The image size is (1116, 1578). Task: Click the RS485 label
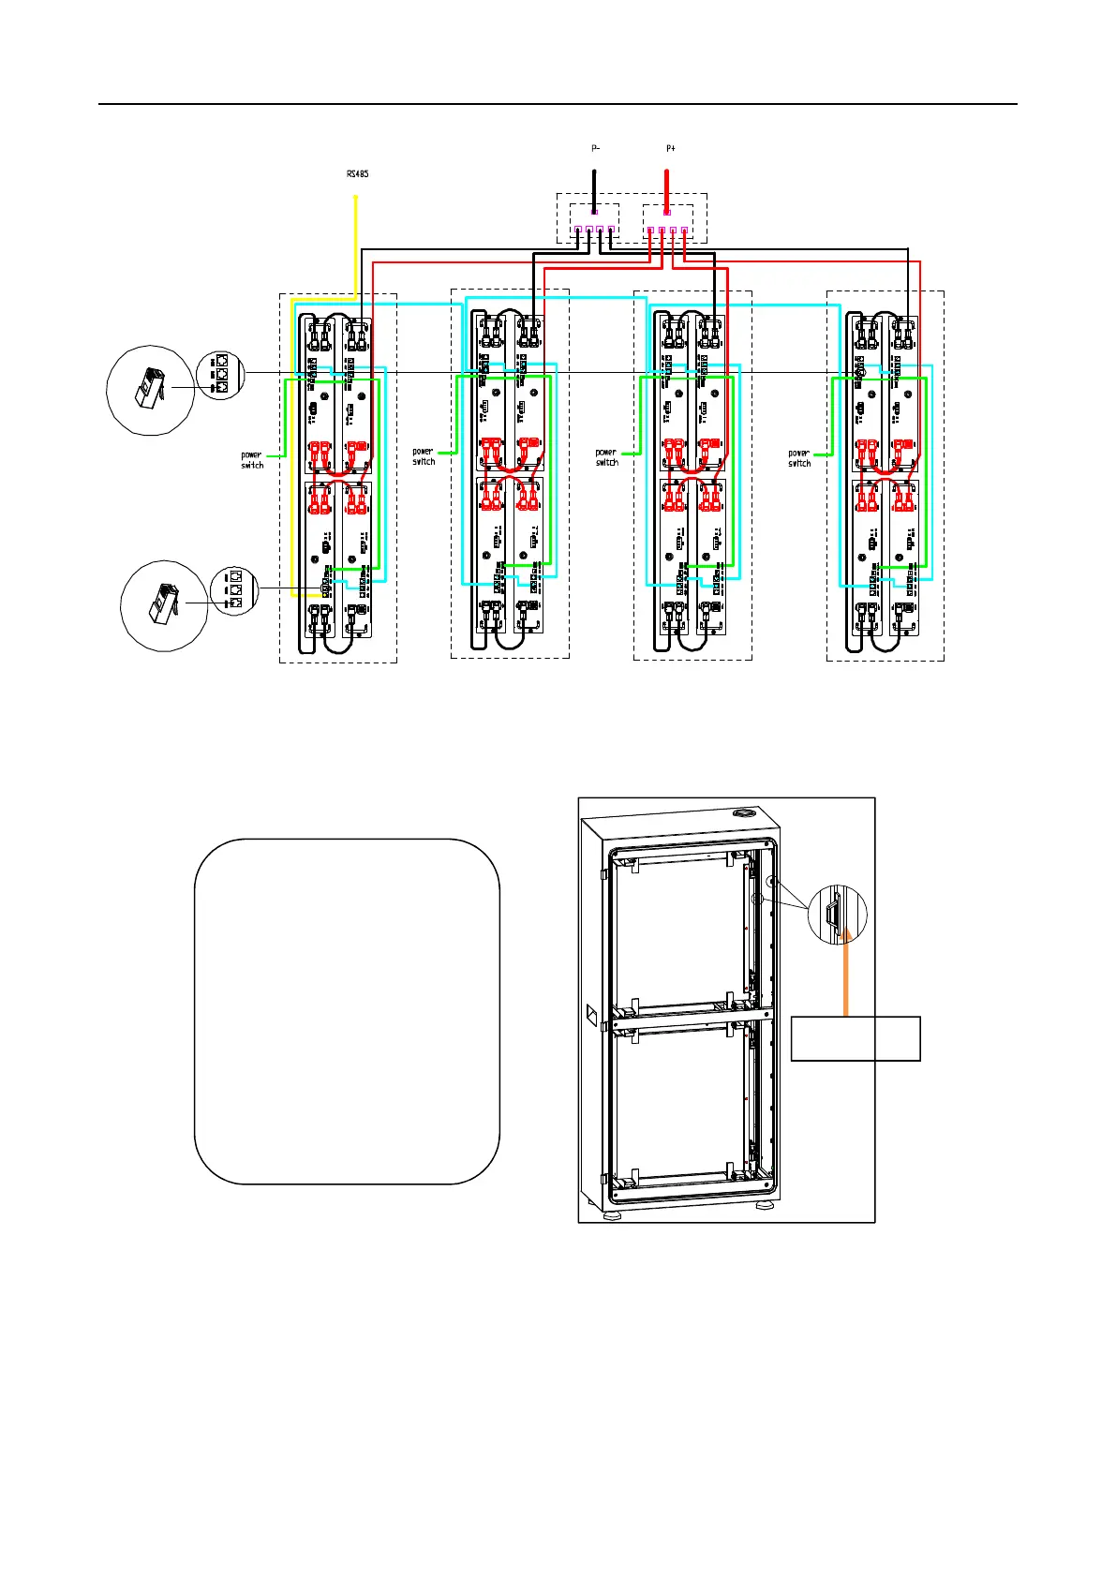click(x=356, y=173)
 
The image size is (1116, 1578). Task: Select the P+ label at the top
click(x=669, y=148)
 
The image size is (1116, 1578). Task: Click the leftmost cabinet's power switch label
click(x=252, y=460)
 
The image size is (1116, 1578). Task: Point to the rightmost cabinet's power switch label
click(x=799, y=458)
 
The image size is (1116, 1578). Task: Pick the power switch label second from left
click(x=424, y=456)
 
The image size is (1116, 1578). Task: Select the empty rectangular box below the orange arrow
click(x=856, y=1038)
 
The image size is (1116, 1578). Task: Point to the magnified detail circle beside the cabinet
click(x=837, y=914)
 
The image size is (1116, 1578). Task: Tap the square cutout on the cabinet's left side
click(x=592, y=1015)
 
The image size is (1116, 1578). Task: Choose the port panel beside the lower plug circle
click(x=233, y=590)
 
